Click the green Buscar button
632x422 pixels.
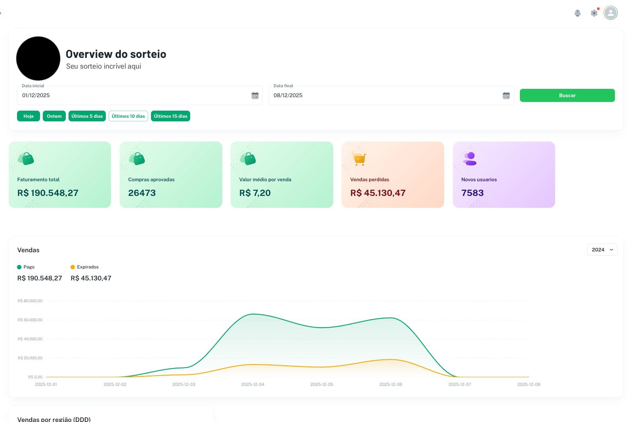click(567, 96)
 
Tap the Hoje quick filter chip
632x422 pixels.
click(29, 116)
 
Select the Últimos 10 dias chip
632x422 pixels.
click(128, 116)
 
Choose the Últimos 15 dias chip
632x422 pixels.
click(170, 116)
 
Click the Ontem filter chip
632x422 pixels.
click(54, 116)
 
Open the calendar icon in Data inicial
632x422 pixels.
click(255, 96)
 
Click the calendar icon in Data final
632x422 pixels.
click(506, 96)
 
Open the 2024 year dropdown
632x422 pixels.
click(602, 250)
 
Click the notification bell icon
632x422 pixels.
click(578, 13)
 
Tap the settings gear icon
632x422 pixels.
click(594, 13)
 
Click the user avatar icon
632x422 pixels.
click(611, 13)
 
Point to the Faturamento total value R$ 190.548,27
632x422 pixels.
click(48, 193)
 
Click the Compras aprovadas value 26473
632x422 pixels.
click(142, 193)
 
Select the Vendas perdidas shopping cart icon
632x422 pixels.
click(359, 159)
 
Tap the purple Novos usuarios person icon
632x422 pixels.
click(470, 159)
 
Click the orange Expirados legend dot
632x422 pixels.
click(73, 267)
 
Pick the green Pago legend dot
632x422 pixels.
click(19, 267)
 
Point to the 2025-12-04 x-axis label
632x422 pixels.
click(253, 384)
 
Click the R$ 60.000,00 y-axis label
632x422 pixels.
click(30, 320)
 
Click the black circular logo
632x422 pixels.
click(38, 58)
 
